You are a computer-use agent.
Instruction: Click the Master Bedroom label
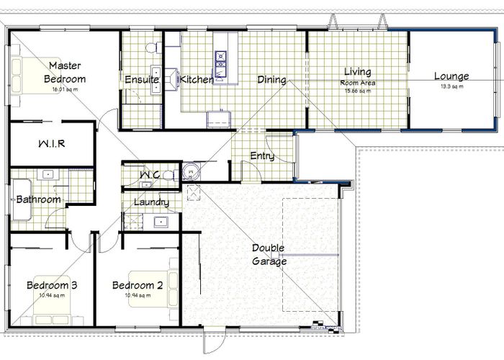click(x=65, y=73)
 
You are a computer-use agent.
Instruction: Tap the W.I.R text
click(x=51, y=144)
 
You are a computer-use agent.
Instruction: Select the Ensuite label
click(x=141, y=80)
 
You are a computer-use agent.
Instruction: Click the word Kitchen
click(x=197, y=80)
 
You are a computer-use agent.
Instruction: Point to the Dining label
click(x=271, y=80)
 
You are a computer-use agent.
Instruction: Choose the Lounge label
click(x=451, y=76)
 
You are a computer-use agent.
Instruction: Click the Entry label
click(x=261, y=156)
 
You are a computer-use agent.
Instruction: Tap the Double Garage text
click(x=269, y=255)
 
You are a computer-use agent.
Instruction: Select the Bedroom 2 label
click(x=138, y=286)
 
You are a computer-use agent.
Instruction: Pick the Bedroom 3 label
click(x=52, y=286)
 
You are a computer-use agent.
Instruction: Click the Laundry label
click(x=151, y=202)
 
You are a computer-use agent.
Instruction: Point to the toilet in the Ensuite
click(x=150, y=48)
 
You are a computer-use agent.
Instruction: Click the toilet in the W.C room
click(x=167, y=174)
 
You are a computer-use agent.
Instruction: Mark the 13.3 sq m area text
click(x=451, y=86)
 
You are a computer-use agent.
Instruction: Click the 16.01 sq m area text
click(x=65, y=90)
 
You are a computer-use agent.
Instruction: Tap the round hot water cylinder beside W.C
click(x=191, y=171)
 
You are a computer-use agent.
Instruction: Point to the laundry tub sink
click(x=161, y=222)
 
